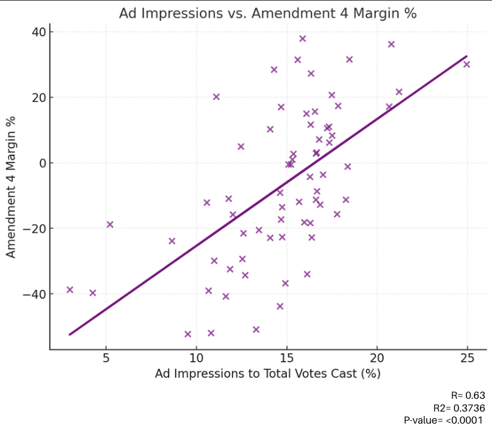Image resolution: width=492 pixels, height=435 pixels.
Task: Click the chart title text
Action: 267,13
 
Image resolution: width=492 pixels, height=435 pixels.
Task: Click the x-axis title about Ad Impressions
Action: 267,374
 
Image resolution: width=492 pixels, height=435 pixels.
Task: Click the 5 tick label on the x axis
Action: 106,358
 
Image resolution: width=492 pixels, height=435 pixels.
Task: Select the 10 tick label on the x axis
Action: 196,358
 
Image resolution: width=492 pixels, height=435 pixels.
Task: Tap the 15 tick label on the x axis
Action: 287,358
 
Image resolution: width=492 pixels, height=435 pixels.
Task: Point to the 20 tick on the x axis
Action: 377,358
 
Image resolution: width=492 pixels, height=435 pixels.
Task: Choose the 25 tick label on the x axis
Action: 467,358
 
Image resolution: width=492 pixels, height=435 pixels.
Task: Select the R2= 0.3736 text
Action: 459,407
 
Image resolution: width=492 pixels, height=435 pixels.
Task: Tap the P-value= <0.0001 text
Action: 443,420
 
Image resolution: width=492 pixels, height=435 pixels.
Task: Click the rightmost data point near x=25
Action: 467,64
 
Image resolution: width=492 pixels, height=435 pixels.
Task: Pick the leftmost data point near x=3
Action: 70,290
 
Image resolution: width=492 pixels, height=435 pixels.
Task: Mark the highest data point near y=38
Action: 302,39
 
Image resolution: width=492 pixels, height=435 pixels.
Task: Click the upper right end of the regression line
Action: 466,57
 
